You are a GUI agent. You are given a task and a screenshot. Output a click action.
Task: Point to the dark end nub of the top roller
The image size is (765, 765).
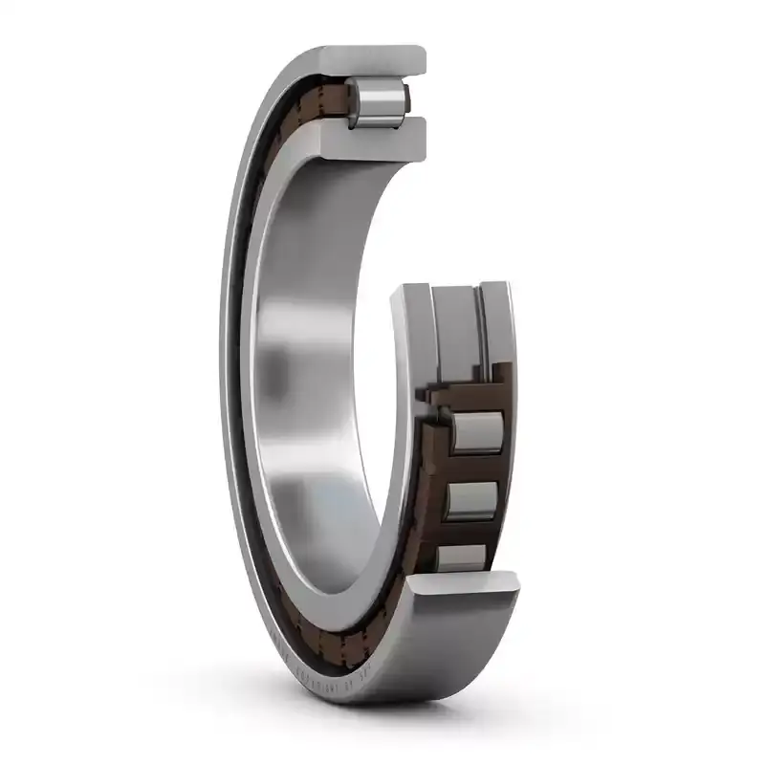point(407,97)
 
